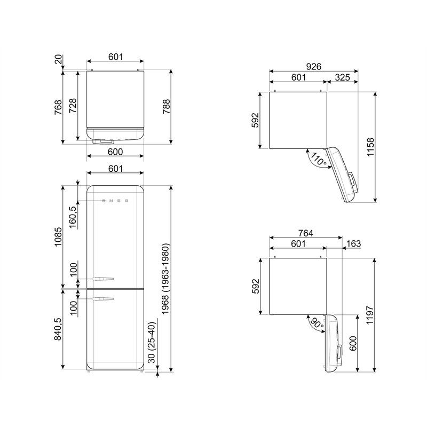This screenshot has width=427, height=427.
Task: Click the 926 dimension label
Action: coord(313,67)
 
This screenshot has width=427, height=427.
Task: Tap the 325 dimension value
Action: coord(342,77)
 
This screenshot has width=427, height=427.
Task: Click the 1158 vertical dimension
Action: coord(371,147)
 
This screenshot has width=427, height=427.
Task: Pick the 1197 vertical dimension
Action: coord(371,315)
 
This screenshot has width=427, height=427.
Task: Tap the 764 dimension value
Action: coord(305,233)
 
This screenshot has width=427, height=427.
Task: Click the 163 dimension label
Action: coord(353,243)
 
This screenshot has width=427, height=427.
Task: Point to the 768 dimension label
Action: coord(59,107)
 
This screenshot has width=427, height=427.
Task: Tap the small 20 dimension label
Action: coord(59,62)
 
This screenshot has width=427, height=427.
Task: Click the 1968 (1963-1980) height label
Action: coord(166,279)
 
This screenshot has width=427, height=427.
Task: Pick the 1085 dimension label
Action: coord(59,236)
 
